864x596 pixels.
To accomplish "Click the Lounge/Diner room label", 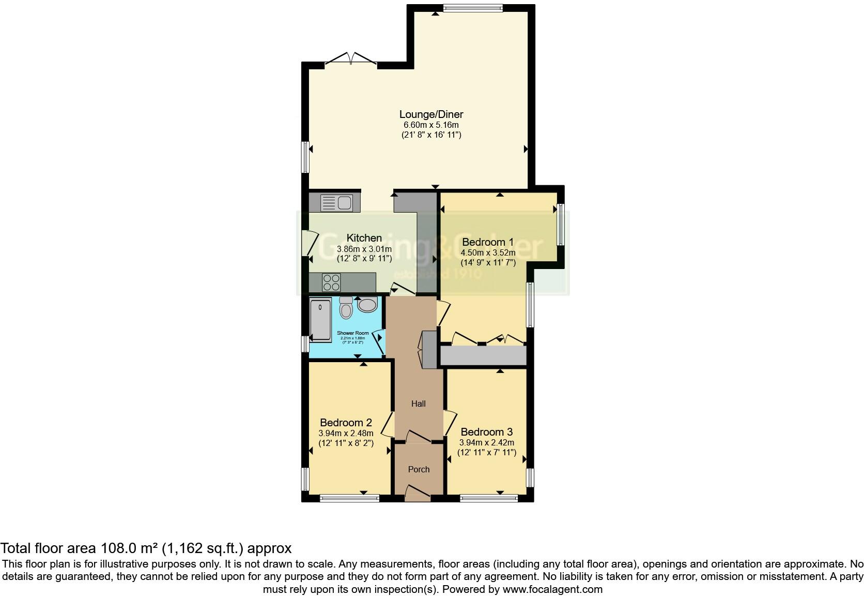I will (x=431, y=114).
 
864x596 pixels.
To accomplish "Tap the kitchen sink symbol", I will (x=336, y=203).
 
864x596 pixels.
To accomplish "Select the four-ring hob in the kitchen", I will (x=331, y=282).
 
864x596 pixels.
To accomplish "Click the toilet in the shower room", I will (x=346, y=308).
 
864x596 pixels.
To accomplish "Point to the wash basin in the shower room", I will (x=367, y=305).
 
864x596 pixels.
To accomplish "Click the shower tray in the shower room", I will (x=320, y=320).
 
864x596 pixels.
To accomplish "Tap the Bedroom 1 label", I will (x=488, y=242).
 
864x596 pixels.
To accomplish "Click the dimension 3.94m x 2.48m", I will (x=346, y=433).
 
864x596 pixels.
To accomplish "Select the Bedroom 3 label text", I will (x=486, y=432).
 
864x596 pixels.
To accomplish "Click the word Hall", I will (x=419, y=404).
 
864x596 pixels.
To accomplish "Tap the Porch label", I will (x=419, y=469).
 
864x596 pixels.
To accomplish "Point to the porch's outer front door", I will (x=418, y=494).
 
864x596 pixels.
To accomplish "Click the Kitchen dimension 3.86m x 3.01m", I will (x=364, y=249).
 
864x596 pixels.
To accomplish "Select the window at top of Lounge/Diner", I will (x=473, y=7).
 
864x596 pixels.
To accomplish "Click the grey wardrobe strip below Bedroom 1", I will (x=483, y=356).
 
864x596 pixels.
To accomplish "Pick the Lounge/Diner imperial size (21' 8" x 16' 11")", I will (x=431, y=135).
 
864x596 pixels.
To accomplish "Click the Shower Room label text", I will (x=353, y=333).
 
